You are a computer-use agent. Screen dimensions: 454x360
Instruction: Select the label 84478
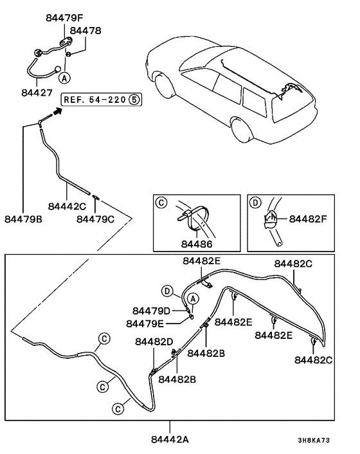85,30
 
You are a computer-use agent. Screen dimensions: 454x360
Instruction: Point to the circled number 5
133,99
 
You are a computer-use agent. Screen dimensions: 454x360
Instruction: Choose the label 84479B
22,219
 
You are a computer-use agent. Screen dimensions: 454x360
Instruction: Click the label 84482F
308,219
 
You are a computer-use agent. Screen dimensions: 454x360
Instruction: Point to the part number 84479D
152,311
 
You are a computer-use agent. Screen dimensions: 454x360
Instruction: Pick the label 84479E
145,323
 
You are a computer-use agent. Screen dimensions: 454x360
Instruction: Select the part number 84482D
154,343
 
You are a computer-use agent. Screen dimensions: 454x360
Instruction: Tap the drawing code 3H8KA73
313,441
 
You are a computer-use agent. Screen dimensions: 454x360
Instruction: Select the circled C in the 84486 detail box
162,203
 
